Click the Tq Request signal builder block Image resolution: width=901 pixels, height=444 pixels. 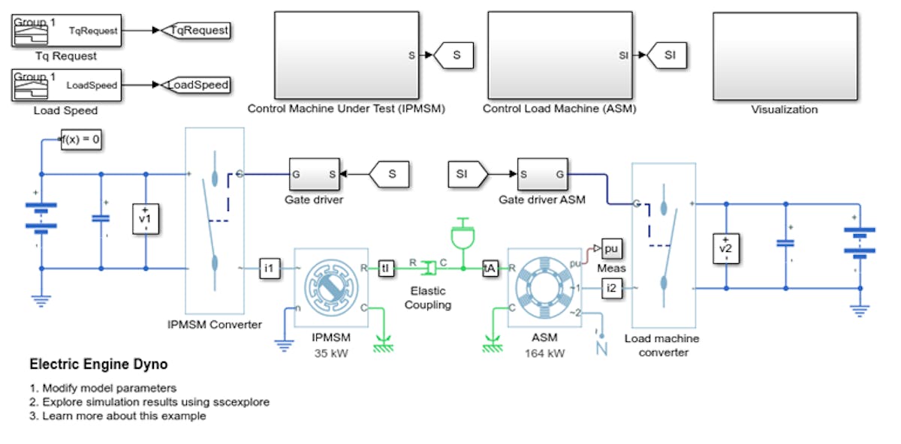point(66,31)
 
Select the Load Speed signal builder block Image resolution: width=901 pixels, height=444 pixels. point(66,85)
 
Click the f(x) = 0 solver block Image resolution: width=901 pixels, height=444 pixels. point(80,139)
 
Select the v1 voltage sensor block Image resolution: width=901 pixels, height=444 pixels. point(146,218)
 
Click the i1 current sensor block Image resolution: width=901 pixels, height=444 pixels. point(270,267)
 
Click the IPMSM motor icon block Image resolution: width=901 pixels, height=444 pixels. point(331,288)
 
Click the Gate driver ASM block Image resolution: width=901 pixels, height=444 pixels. point(541,175)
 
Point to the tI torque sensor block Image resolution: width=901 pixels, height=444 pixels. point(386,268)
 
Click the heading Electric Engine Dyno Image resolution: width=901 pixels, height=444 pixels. point(98,364)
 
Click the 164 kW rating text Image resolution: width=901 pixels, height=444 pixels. point(545,352)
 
